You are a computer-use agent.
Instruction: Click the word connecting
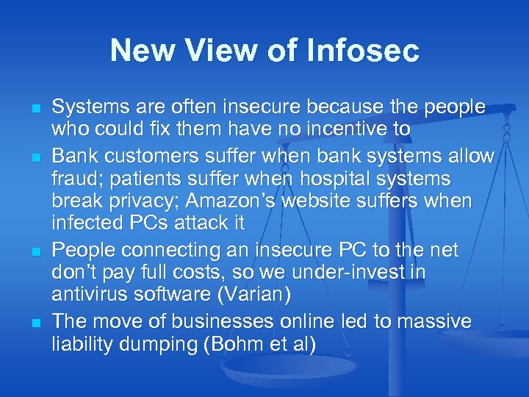(x=159, y=250)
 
